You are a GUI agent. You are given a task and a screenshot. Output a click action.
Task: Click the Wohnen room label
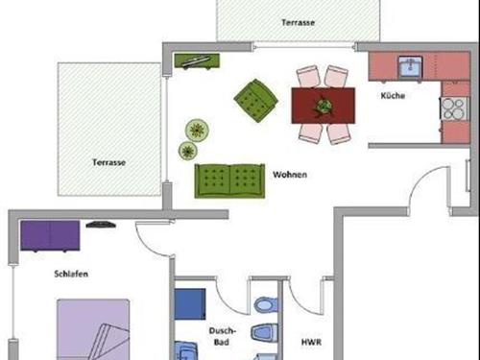pos(290,175)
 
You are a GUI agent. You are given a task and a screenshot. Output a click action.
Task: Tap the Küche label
pos(393,95)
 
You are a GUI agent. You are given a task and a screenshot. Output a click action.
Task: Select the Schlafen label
pos(71,274)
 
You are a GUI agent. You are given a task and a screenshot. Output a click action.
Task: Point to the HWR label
pos(311,342)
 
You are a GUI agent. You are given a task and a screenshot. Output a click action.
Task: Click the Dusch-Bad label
pos(222,336)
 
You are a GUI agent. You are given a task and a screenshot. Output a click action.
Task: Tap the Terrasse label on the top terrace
pos(298,22)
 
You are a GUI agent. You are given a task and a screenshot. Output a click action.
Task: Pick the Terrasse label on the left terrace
pos(108,162)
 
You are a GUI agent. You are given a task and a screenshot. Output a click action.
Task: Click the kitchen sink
pos(410,66)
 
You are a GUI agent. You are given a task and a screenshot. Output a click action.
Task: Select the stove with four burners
pos(455,108)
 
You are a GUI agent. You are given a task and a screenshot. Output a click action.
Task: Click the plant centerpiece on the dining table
pos(324,106)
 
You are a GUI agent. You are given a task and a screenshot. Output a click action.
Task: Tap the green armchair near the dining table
pos(256,101)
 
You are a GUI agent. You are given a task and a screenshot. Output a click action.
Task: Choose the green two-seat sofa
pos(229,180)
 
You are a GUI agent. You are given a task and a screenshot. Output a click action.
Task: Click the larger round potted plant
pos(197,130)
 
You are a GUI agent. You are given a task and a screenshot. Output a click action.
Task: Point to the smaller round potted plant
pos(187,151)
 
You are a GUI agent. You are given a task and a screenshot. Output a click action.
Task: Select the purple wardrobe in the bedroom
pos(50,235)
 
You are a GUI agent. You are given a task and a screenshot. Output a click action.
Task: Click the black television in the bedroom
pos(101,225)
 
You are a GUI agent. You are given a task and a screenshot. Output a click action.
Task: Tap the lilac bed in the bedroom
pos(93,329)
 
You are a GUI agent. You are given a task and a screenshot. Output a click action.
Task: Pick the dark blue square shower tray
pos(190,303)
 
